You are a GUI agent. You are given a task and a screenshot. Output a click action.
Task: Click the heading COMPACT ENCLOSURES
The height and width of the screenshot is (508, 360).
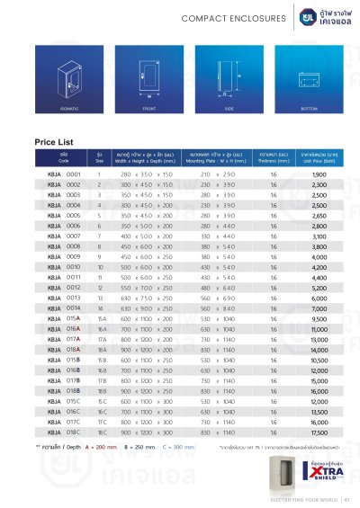pos(222,17)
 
